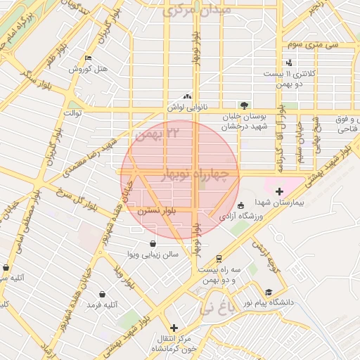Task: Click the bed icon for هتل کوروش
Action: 88,58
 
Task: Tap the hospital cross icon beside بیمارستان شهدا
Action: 279,191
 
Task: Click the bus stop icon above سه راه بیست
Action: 219,258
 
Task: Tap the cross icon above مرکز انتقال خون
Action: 174,328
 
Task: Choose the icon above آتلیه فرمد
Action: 103,294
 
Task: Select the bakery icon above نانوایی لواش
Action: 187,97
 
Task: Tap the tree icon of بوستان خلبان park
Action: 244,104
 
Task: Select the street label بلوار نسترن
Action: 157,210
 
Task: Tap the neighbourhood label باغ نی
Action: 214,307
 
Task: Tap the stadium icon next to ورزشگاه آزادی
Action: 241,206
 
